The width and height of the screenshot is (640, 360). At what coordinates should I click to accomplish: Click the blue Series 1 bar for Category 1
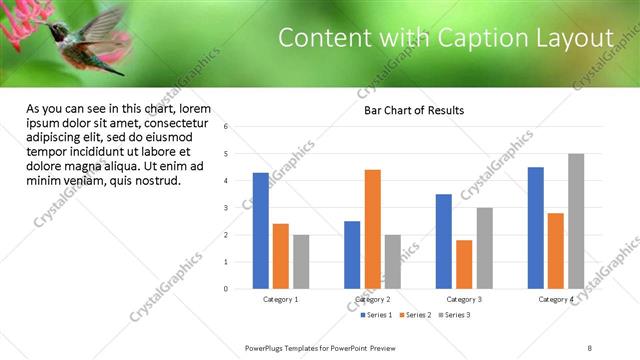point(261,231)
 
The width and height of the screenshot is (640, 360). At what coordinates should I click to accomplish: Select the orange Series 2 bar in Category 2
point(372,229)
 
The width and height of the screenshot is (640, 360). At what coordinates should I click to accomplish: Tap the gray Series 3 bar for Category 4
point(576,221)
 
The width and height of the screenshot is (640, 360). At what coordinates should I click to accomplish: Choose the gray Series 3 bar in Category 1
point(301,262)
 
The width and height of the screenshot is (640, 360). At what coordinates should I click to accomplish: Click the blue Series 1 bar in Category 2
point(352,255)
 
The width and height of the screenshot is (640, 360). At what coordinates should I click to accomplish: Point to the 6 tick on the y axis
point(227,127)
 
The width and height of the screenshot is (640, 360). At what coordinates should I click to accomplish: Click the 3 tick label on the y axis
point(227,208)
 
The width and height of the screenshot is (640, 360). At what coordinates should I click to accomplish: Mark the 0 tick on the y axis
point(227,289)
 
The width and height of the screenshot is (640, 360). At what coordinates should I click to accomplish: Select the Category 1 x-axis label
point(281,299)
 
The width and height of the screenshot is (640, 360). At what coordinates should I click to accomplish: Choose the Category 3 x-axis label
point(464,299)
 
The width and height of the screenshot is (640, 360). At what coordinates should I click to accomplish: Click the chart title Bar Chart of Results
point(414,110)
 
